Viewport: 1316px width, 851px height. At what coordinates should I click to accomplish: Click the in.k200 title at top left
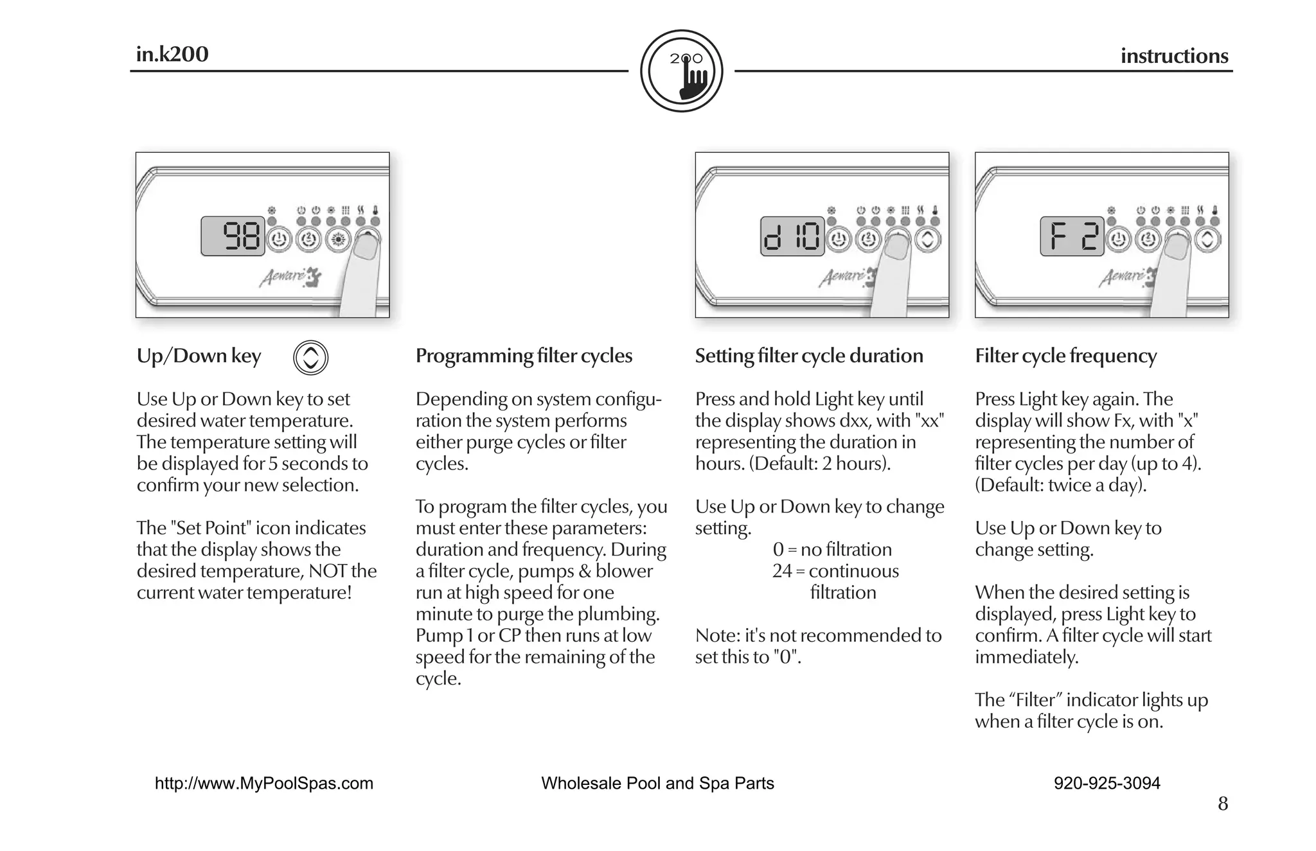172,54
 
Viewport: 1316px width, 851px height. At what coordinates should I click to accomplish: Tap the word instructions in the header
1174,56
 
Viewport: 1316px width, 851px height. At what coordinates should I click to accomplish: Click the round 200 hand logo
682,71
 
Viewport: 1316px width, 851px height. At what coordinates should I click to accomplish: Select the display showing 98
233,236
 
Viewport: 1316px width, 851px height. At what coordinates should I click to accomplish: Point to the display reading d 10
792,236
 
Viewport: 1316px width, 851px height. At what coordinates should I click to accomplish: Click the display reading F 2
1072,236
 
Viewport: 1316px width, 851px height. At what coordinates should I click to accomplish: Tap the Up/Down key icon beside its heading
310,358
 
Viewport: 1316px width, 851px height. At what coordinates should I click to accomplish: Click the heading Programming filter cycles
524,356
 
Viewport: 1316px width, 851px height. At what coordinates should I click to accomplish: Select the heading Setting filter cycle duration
809,356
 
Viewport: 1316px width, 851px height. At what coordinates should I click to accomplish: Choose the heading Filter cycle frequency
1065,356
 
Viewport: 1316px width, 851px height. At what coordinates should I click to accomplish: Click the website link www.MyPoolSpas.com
264,784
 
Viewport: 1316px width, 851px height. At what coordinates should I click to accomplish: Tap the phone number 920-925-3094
1107,784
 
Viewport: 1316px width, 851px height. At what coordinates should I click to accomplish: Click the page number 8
1223,804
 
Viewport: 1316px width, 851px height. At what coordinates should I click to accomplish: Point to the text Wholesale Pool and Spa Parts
657,784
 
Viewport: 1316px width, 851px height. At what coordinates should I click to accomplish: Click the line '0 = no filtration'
832,550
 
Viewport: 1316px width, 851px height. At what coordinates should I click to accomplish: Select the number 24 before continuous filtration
782,571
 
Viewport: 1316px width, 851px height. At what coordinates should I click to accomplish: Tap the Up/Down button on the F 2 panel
1207,240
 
